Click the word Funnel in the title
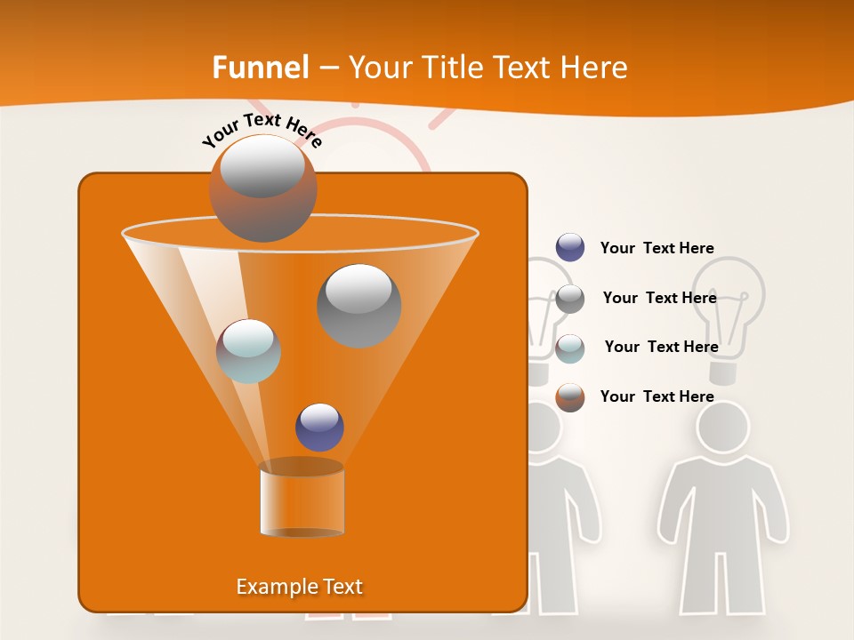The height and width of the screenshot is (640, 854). coord(260,68)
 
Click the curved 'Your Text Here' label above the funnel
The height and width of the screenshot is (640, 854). coord(262,130)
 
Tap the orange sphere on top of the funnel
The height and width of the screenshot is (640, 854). coord(262,188)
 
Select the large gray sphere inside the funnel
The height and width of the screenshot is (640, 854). coord(359,306)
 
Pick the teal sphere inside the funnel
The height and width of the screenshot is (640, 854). coord(248,351)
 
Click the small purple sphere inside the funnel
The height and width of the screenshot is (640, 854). coord(319,428)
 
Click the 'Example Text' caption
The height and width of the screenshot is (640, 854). coord(299,587)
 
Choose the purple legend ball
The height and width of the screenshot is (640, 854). coord(570,248)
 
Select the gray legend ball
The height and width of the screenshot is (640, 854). coord(570,299)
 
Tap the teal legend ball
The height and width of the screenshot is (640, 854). coord(570,348)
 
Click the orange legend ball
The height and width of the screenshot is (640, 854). coord(570,397)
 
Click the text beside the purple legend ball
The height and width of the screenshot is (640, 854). coord(657,248)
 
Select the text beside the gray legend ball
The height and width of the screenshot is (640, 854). coord(659,298)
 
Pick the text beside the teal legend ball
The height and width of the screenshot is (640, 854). coord(661,347)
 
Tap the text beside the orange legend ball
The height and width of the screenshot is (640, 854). coord(657,396)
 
